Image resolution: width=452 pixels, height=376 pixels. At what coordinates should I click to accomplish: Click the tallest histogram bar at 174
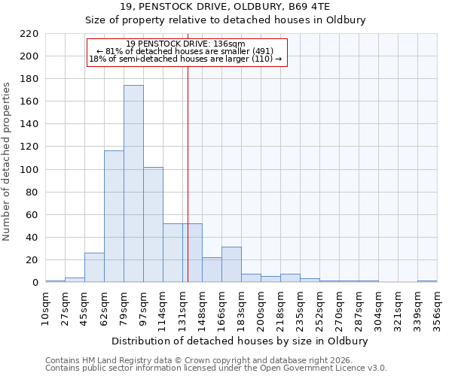coord(133,184)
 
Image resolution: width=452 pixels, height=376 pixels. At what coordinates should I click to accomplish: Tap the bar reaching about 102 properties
coord(153,225)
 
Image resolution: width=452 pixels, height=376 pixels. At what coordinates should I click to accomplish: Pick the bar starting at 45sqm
coord(94,268)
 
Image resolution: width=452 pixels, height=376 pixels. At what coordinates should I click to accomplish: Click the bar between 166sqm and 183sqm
coord(231,265)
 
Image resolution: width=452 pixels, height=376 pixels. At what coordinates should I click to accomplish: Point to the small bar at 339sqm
coord(427,281)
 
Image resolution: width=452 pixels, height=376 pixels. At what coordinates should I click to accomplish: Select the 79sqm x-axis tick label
coord(124,305)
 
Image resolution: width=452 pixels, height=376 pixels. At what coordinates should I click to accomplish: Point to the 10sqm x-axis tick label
coord(46,305)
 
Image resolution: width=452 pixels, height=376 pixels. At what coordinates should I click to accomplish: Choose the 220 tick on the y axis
coord(29,34)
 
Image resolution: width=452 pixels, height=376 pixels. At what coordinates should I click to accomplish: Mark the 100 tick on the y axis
coord(29,170)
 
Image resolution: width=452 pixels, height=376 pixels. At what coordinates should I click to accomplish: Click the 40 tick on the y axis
coord(32,238)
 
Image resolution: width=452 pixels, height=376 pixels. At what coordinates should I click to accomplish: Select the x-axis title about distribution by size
coord(240,341)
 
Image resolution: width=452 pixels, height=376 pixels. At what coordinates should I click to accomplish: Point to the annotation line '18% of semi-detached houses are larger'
coord(185,59)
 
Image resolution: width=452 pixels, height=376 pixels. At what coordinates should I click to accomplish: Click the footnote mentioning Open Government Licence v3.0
coord(216,368)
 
